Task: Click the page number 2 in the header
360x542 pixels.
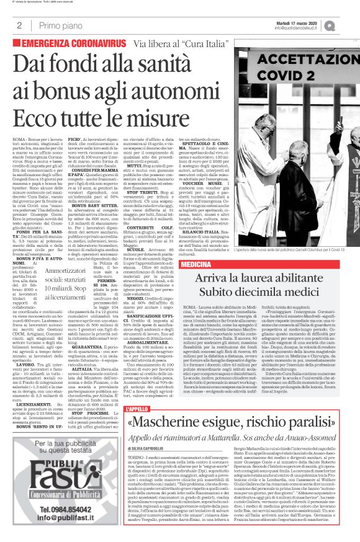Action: (19, 25)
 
